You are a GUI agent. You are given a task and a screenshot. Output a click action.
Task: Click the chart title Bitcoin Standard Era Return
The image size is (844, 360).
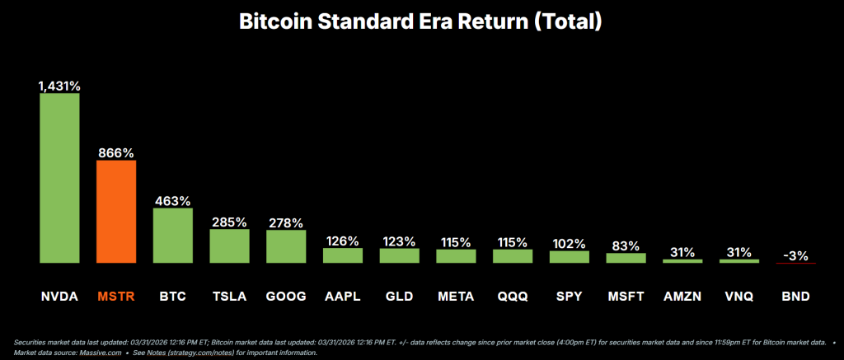point(421,22)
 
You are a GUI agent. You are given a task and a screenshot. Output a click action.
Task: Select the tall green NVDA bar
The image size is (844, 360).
point(59,178)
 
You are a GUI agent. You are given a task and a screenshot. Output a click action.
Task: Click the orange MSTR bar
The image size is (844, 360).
point(116,212)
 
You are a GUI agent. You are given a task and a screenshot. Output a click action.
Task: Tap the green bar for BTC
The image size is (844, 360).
point(173,236)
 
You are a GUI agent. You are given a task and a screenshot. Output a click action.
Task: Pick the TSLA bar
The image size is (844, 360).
point(229,245)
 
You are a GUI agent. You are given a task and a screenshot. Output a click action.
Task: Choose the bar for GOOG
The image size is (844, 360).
point(286,246)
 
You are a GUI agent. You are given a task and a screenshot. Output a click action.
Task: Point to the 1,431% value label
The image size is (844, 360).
point(59,85)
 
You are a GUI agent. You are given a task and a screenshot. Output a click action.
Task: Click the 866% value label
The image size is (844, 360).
point(116,152)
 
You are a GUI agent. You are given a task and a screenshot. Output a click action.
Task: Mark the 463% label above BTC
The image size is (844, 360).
point(173,200)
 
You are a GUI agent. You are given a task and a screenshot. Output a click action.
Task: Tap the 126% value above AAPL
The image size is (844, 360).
point(343,241)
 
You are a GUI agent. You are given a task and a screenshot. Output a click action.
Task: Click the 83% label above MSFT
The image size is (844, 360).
point(626,245)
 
